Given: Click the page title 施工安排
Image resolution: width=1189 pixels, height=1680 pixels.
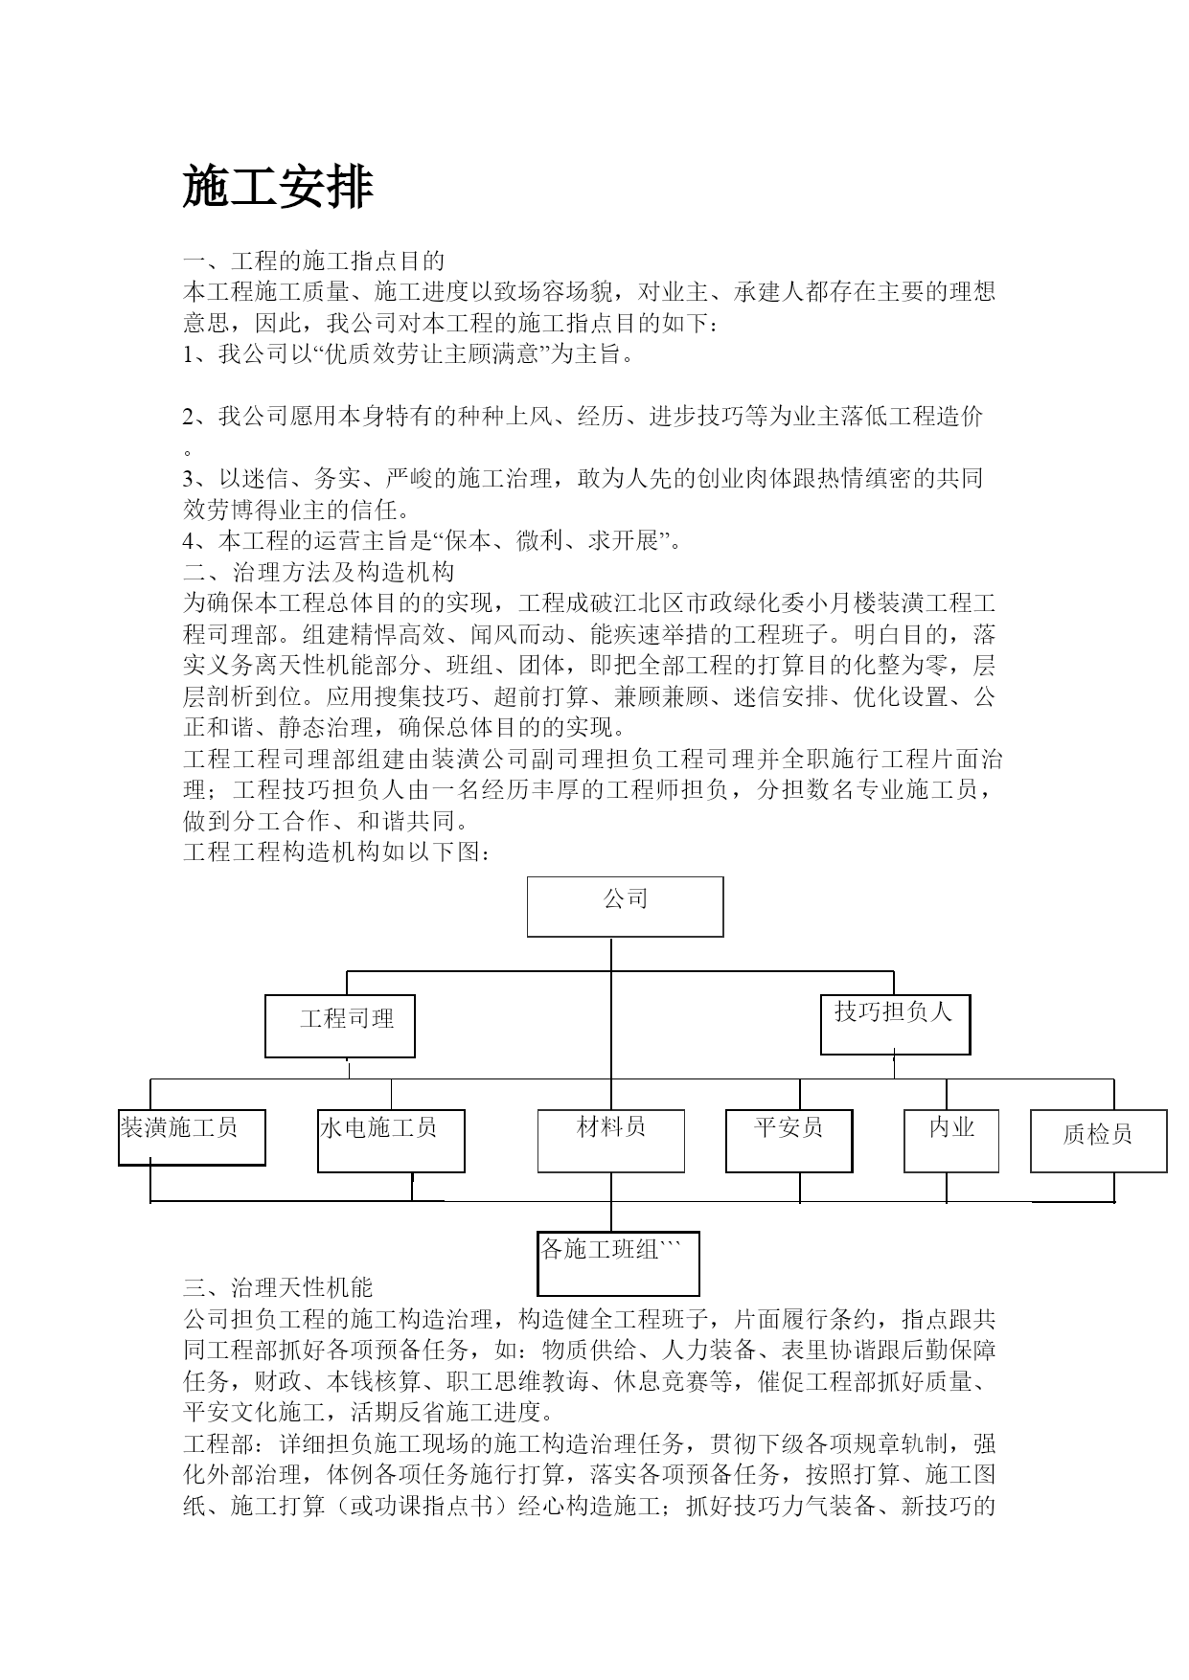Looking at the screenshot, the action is coord(278,187).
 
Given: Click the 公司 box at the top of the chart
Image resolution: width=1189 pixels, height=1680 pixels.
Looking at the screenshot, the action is coord(625,906).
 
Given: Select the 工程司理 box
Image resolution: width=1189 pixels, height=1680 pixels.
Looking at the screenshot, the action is coord(340,1026).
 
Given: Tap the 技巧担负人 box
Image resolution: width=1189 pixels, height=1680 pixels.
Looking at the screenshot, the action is coord(896,1024).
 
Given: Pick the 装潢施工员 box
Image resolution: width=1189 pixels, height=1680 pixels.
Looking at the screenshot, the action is coord(192,1137).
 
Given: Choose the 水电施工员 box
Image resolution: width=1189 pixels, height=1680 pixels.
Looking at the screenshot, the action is coord(391,1141).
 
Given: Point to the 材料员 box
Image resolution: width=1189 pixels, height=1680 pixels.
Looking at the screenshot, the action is coord(611,1141).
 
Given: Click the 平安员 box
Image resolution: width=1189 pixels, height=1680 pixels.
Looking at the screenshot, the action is coord(789,1141).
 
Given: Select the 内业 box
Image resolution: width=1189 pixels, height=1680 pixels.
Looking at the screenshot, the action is coord(951,1141).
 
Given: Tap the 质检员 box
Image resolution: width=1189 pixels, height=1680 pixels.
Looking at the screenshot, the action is coord(1099,1141).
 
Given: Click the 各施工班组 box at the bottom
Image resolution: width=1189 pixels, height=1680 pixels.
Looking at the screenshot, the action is coord(618,1263).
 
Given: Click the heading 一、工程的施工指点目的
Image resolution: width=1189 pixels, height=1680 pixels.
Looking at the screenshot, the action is coord(313,261).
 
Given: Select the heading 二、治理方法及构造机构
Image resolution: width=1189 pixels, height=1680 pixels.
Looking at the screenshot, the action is coord(318,572).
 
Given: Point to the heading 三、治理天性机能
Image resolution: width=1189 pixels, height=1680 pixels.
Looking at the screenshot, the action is coord(278,1287).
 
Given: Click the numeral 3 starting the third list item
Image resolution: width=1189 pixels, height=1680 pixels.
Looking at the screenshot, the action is coord(189,479).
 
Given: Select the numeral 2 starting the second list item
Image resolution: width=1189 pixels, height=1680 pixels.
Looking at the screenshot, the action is coord(189,417).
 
